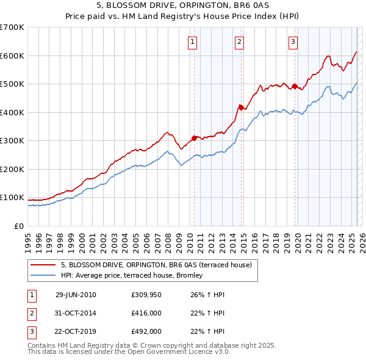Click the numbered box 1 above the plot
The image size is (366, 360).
[x=192, y=42]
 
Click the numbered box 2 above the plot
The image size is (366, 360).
[x=239, y=42]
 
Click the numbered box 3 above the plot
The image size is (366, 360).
[x=293, y=42]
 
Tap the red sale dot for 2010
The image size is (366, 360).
[x=195, y=138]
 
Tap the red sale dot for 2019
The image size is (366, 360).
[x=295, y=87]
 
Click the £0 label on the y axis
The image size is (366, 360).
[x=20, y=226]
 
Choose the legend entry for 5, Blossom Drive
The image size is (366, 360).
[x=160, y=264]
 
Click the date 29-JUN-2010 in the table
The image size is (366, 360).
[x=76, y=295]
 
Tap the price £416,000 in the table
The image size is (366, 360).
[x=146, y=313]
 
